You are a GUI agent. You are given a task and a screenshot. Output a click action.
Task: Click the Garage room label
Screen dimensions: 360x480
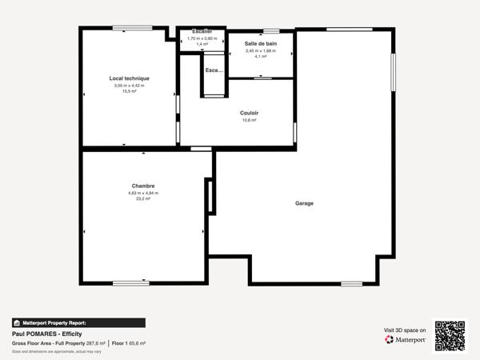pyautogui.click(x=304, y=203)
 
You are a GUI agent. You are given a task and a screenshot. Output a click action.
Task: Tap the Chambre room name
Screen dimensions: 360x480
pyautogui.click(x=143, y=186)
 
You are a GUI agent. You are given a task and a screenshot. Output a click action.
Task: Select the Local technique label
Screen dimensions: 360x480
pyautogui.click(x=130, y=78)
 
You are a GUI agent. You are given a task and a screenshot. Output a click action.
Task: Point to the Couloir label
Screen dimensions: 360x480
pyautogui.click(x=249, y=113)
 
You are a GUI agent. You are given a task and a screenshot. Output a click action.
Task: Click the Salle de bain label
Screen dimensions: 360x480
pyautogui.click(x=260, y=43)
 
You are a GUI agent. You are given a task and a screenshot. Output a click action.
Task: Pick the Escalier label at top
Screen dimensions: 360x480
pyautogui.click(x=202, y=31)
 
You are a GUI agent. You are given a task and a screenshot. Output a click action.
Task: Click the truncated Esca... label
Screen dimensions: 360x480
pyautogui.click(x=214, y=70)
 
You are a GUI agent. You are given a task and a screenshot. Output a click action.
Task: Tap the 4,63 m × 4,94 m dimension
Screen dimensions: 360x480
pyautogui.click(x=143, y=193)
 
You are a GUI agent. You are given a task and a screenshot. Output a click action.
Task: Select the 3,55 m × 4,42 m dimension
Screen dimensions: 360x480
pyautogui.click(x=130, y=86)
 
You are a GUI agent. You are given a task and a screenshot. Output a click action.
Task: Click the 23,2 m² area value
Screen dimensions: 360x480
pyautogui.click(x=143, y=198)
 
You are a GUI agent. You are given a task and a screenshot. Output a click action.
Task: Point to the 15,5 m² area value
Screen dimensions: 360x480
pyautogui.click(x=130, y=91)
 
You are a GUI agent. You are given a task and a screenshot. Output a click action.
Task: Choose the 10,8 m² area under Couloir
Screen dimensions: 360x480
pyautogui.click(x=249, y=120)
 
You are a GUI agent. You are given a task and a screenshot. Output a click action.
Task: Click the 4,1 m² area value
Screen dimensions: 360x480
pyautogui.click(x=260, y=56)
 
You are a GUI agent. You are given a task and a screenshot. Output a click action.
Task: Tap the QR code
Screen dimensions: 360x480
pyautogui.click(x=450, y=334)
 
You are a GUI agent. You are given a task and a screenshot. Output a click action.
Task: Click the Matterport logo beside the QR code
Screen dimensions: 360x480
pyautogui.click(x=404, y=339)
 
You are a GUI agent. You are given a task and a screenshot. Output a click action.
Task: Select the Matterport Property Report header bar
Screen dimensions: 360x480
pyautogui.click(x=78, y=323)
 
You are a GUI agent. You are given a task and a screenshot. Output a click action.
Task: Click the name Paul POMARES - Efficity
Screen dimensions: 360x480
pyautogui.click(x=46, y=334)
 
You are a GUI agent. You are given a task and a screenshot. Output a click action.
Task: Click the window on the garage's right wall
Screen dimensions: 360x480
pyautogui.click(x=393, y=73)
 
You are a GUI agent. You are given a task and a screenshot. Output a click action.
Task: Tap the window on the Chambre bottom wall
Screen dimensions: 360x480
pyautogui.click(x=130, y=283)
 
